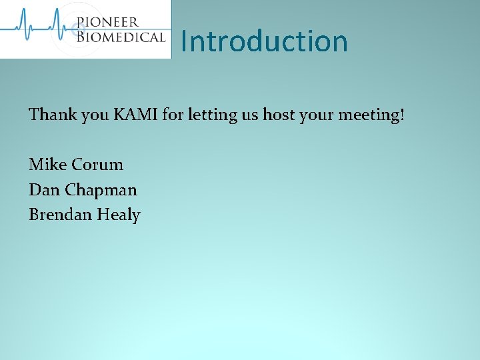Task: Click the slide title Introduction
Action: tap(264, 41)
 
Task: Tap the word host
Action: tap(278, 115)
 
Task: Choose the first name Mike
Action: tap(47, 164)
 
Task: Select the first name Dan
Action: tap(44, 189)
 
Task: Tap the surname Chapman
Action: tap(101, 190)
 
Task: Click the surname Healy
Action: tap(119, 215)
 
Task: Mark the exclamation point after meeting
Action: tap(401, 115)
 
